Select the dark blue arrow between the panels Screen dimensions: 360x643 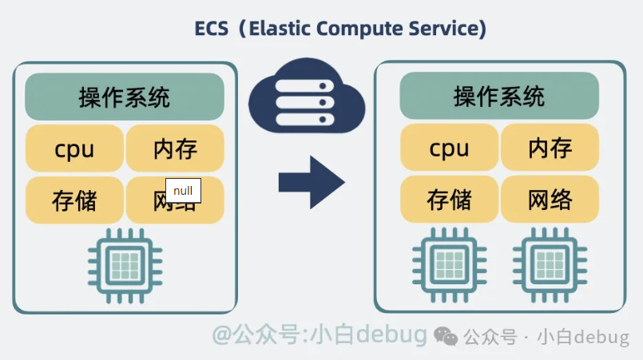point(311,183)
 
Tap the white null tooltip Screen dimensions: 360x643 point(183,191)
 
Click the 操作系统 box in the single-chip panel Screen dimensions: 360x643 point(125,97)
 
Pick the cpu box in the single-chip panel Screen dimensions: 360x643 point(75,148)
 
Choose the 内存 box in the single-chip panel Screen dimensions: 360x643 point(175,148)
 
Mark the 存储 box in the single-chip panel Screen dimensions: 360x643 point(75,200)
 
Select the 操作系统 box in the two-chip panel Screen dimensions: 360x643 point(499,97)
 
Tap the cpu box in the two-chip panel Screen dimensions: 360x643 point(450,148)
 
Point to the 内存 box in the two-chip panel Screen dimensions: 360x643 point(550,148)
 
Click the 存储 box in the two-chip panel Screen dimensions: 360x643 point(450,200)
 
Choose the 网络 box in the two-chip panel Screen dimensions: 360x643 point(550,200)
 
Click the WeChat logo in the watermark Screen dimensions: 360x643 point(447,337)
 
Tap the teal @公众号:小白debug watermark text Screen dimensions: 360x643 point(320,335)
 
